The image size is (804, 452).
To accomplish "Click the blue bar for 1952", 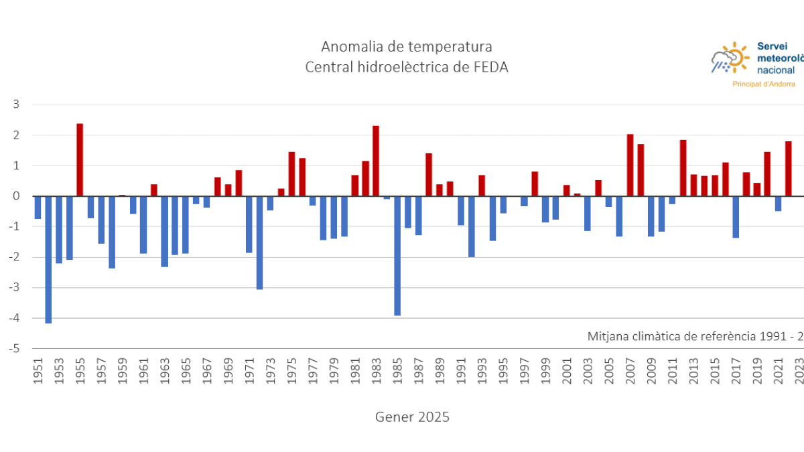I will (x=48, y=259).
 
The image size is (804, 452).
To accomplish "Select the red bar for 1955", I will (x=80, y=160).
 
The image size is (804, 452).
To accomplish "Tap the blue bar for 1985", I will (x=397, y=255).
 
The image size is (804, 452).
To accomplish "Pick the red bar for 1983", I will (x=376, y=161).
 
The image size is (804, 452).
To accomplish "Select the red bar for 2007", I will (x=630, y=165).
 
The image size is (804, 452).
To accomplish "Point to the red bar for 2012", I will (x=683, y=168).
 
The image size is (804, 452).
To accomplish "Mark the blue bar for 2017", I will (x=736, y=217).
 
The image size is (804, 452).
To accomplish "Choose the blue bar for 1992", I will (x=471, y=226).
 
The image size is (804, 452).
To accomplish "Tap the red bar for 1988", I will (x=429, y=175).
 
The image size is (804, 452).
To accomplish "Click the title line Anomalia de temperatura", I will (x=406, y=47).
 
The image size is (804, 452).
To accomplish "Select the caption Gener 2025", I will (x=412, y=417).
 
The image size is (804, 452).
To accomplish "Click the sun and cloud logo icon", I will (x=730, y=58).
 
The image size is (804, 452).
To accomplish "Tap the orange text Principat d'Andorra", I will (x=764, y=84).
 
